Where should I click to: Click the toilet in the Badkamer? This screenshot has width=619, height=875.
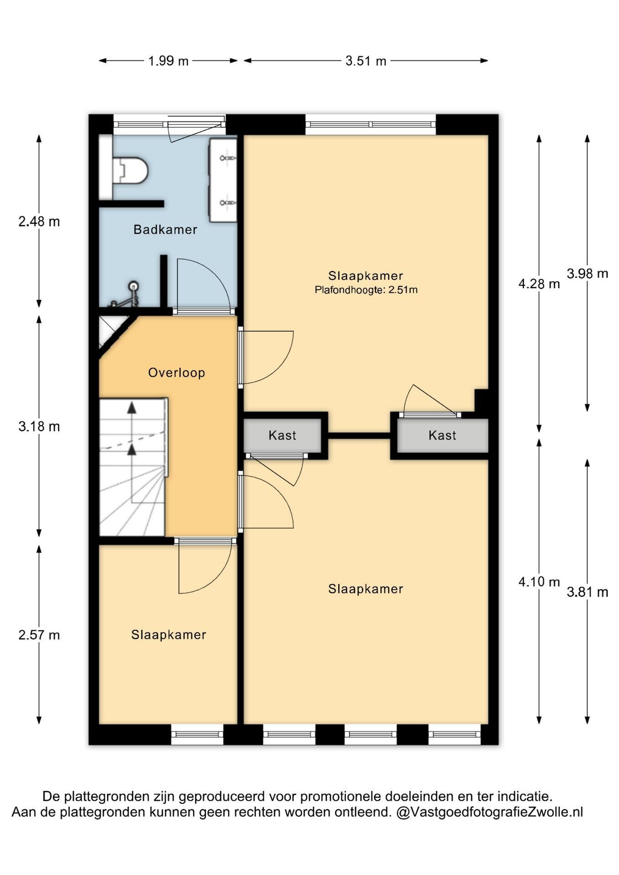[130, 170]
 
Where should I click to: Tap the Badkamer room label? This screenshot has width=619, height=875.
[165, 230]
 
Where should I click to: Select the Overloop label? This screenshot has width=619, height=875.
[176, 373]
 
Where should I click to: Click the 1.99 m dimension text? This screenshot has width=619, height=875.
[168, 61]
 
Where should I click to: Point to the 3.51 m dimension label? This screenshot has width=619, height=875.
[366, 61]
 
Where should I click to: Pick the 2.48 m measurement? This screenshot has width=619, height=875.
[39, 221]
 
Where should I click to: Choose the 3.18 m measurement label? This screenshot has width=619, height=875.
[39, 427]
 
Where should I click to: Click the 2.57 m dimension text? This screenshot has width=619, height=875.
[39, 635]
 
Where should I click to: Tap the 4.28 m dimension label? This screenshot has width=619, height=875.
[539, 284]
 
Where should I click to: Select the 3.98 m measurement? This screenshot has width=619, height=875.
[588, 273]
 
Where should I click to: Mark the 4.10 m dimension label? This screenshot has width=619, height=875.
[539, 582]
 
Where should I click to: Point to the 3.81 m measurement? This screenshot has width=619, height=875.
[588, 592]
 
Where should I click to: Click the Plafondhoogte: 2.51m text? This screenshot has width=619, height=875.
[366, 290]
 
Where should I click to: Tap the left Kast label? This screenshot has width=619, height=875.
[283, 436]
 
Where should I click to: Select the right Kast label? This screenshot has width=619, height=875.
[442, 436]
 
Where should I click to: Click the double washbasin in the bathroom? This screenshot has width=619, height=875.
[223, 180]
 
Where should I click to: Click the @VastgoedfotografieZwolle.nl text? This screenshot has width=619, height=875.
[490, 812]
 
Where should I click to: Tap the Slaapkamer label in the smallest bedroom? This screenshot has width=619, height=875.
[169, 635]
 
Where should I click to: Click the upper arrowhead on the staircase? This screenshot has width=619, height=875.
[132, 407]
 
